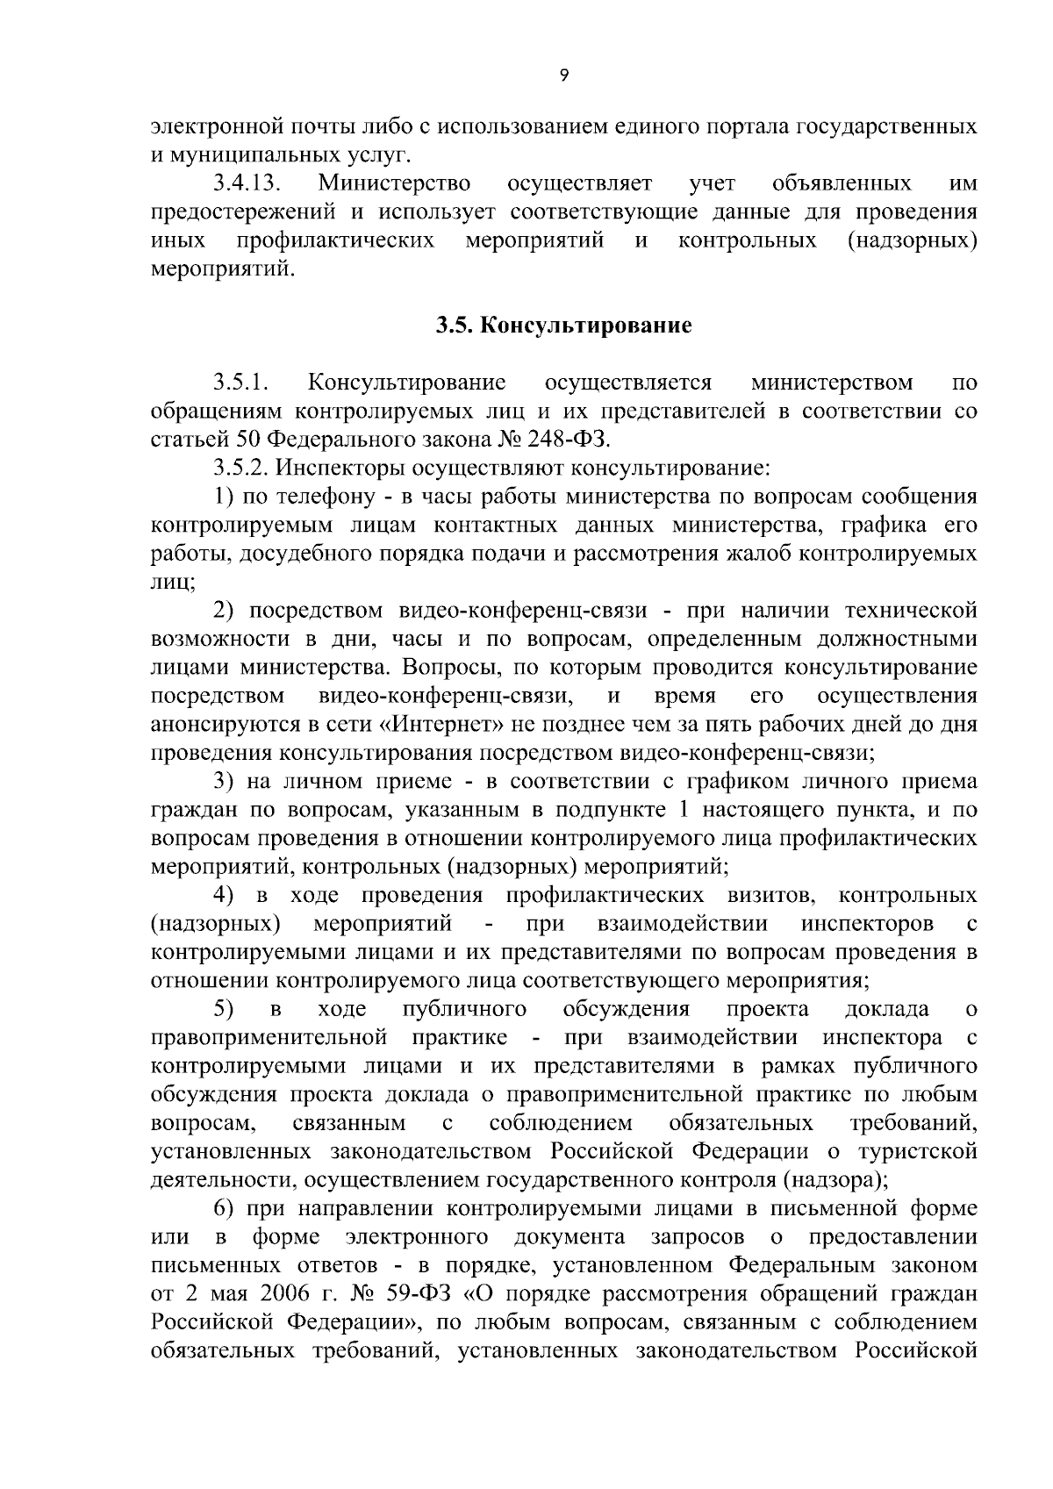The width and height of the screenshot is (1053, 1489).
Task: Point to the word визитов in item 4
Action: pyautogui.click(x=772, y=896)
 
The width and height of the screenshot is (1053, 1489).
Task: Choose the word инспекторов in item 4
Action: pyautogui.click(x=868, y=924)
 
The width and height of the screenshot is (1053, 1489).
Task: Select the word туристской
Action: pyautogui.click(x=921, y=1151)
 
